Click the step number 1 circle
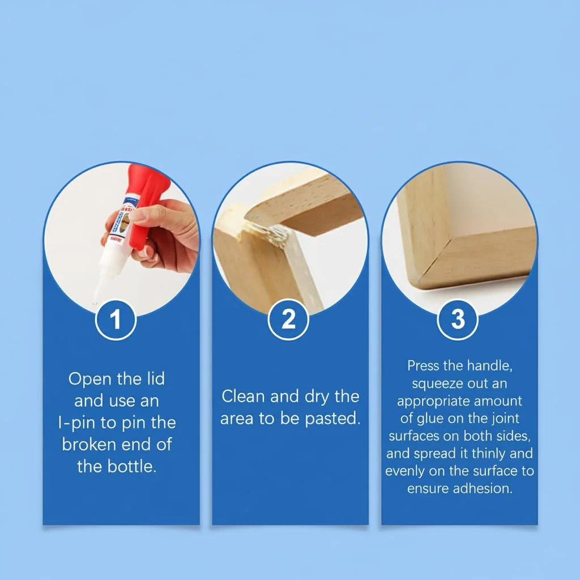point(116,319)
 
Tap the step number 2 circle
point(288,319)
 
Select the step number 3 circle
point(458,319)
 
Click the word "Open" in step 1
point(90,379)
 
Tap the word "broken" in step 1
point(89,444)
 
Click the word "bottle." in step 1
point(132,466)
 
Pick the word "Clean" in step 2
point(243,396)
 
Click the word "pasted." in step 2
point(332,419)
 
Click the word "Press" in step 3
point(423,365)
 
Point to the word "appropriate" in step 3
point(433,402)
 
